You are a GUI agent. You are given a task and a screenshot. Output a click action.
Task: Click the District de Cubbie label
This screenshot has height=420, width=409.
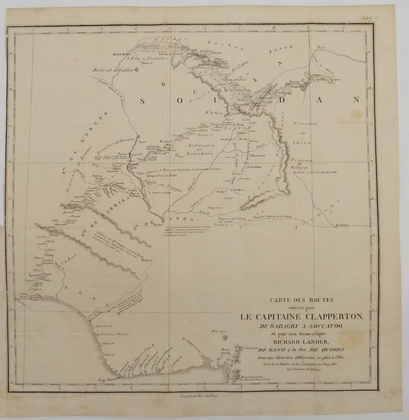click(114, 68)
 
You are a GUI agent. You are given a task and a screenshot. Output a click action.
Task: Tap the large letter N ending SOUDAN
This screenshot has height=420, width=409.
click(356, 100)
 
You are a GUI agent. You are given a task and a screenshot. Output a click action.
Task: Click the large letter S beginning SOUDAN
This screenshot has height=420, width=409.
click(145, 100)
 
